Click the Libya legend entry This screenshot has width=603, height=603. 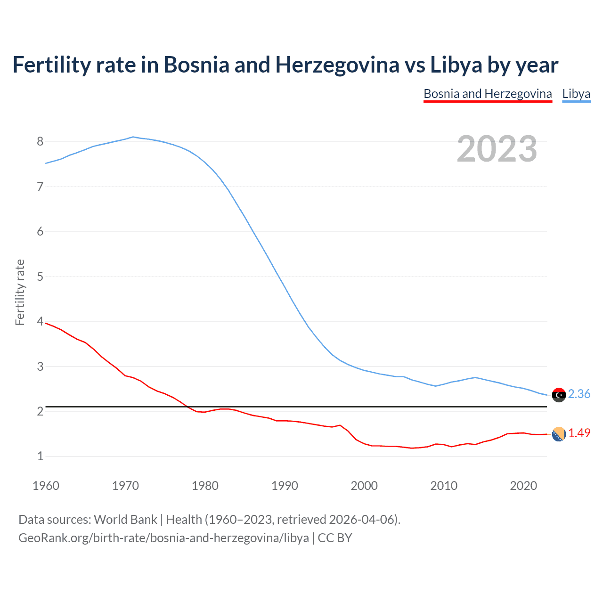click(576, 94)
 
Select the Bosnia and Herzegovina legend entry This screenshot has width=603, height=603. click(488, 94)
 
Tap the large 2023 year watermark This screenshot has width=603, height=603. click(497, 149)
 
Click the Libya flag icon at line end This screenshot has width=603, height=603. click(559, 395)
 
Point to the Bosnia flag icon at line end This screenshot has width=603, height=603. click(559, 434)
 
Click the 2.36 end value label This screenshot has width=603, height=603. click(579, 394)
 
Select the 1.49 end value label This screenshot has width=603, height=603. click(579, 433)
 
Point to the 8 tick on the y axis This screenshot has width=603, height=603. click(40, 142)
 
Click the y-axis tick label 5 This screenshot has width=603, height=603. click(40, 277)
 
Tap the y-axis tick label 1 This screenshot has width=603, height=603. click(40, 456)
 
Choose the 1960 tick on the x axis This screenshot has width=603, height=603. click(46, 486)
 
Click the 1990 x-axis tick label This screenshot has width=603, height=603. click(285, 486)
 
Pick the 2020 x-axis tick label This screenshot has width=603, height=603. click(523, 486)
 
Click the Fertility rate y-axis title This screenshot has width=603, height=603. click(20, 292)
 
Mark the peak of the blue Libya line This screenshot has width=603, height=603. click(133, 137)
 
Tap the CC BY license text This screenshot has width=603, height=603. click(335, 538)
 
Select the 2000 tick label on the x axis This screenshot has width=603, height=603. click(364, 486)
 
